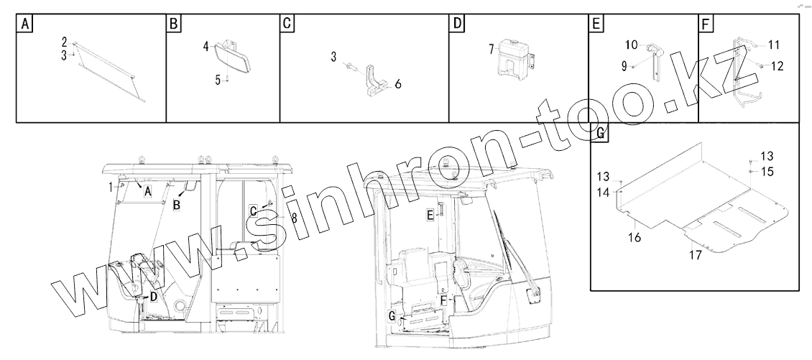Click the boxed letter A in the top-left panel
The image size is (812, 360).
24,24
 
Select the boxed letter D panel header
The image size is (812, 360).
456,24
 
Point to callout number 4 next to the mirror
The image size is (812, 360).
206,47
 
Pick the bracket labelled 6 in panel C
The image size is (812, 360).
377,81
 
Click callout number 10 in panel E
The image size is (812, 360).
631,45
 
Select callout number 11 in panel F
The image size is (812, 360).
773,45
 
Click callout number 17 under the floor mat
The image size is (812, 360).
696,255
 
